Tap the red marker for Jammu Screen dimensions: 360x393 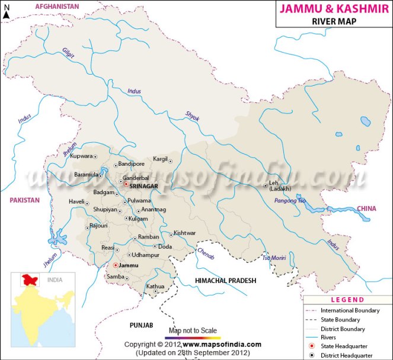pos(115,265)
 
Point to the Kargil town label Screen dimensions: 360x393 pos(159,160)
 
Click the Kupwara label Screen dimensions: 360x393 pos(81,156)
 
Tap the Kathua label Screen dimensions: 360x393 pos(155,287)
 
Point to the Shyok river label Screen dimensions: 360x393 pos(193,115)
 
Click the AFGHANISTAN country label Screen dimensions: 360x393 pos(57,6)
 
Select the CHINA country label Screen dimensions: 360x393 pos(366,208)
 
